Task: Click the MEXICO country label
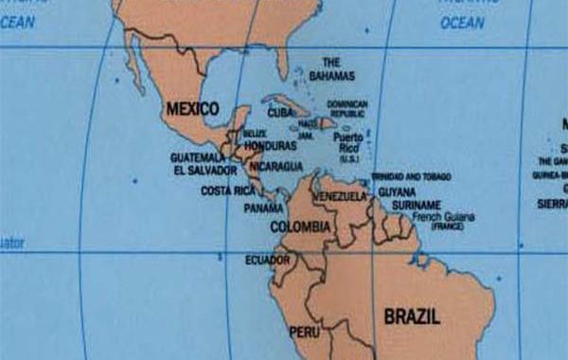(192, 109)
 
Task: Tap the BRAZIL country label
(412, 317)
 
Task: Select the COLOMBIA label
(300, 227)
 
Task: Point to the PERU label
(304, 333)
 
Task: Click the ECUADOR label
(267, 260)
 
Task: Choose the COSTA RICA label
(226, 190)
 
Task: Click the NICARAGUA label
(276, 166)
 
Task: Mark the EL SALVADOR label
(205, 171)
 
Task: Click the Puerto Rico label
(347, 142)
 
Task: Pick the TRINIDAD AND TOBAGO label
(411, 176)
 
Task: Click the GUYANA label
(397, 191)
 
